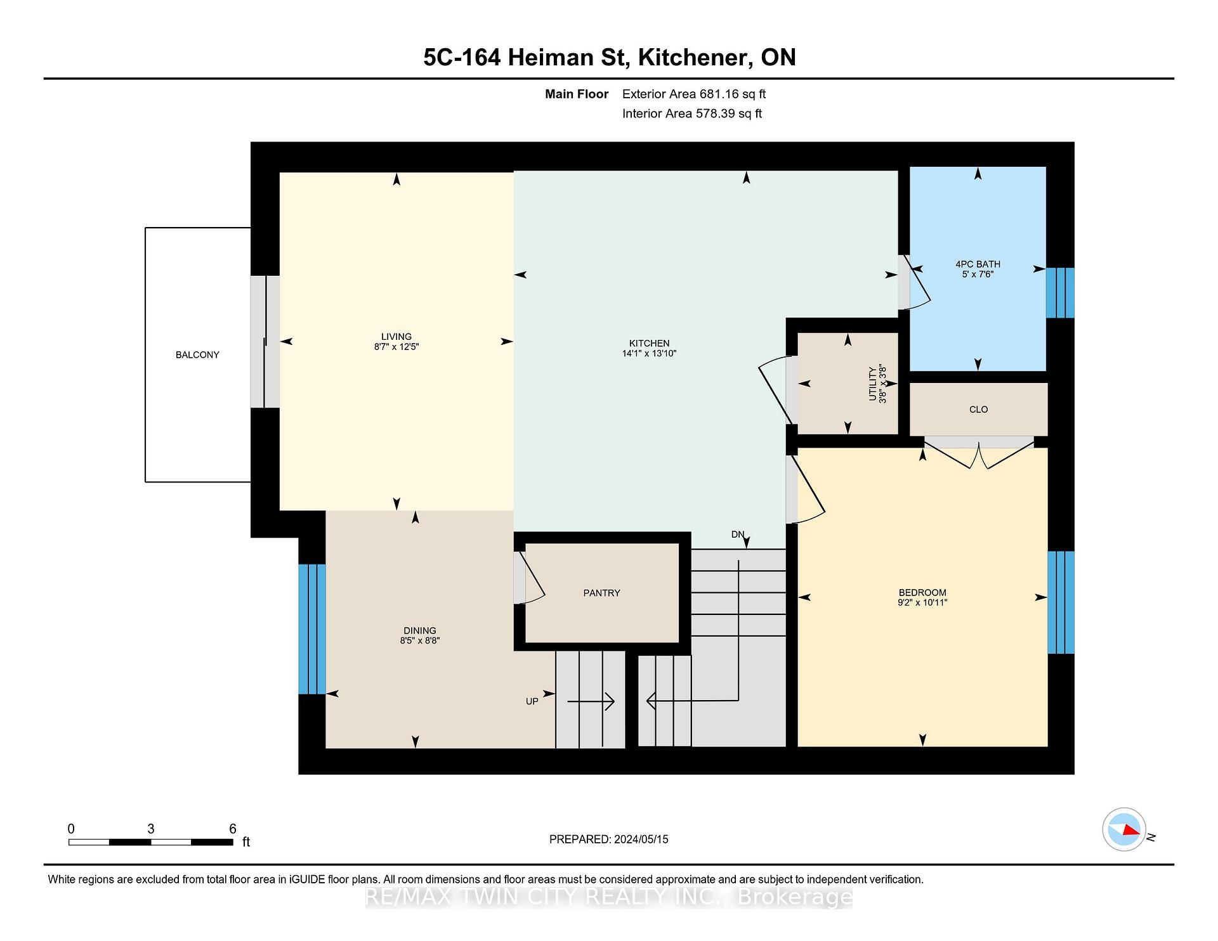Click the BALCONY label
tap(197, 355)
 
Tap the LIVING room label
tap(396, 337)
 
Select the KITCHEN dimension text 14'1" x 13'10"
tap(650, 354)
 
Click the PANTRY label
tap(602, 593)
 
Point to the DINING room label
tap(420, 630)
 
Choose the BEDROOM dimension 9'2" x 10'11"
tap(922, 602)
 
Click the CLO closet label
tap(979, 410)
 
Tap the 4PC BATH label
tap(978, 264)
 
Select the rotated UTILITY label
tap(872, 384)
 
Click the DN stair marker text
tap(737, 535)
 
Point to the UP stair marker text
tap(532, 701)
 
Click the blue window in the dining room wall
tap(312, 629)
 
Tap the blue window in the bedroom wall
tap(1061, 602)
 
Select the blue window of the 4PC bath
tap(1060, 293)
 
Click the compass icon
tap(1124, 829)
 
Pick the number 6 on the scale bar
tap(233, 829)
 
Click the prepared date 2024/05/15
tap(641, 840)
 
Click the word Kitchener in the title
tap(692, 58)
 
